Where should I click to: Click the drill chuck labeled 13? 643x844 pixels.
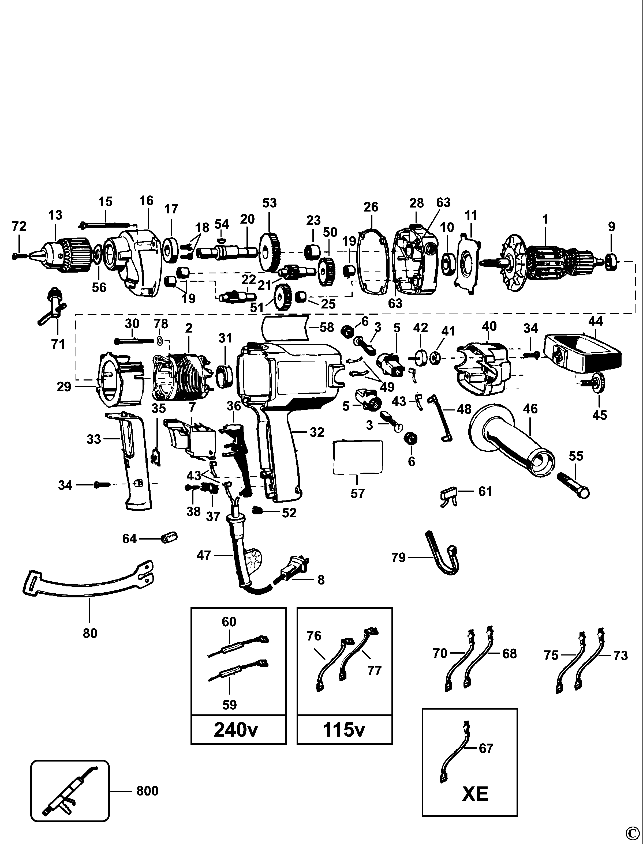click(69, 253)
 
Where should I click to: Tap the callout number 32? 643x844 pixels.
click(317, 432)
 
